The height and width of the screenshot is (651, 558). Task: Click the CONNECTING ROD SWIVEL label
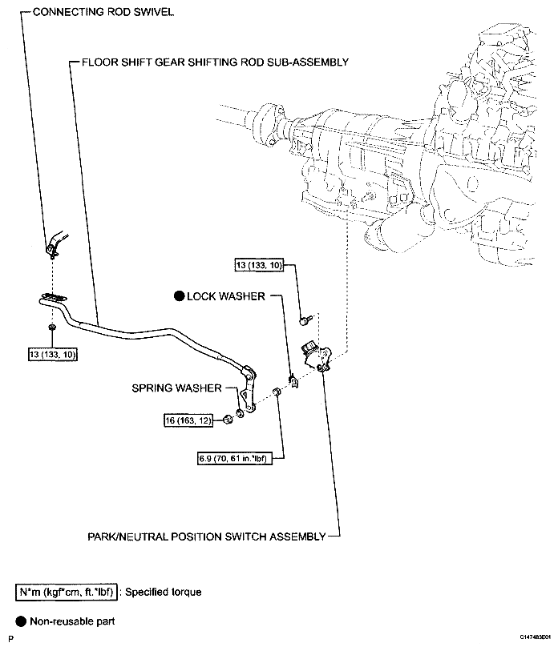(x=103, y=14)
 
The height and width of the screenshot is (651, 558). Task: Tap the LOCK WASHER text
(x=225, y=296)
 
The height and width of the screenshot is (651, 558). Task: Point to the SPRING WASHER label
(x=176, y=388)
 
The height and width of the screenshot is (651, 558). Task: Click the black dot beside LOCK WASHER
(x=179, y=296)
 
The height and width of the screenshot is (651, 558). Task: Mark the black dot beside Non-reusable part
(x=19, y=621)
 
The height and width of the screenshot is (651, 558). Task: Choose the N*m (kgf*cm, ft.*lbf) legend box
(x=67, y=593)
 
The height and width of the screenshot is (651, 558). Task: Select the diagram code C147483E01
(x=535, y=637)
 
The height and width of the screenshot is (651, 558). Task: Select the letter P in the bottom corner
(x=10, y=638)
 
